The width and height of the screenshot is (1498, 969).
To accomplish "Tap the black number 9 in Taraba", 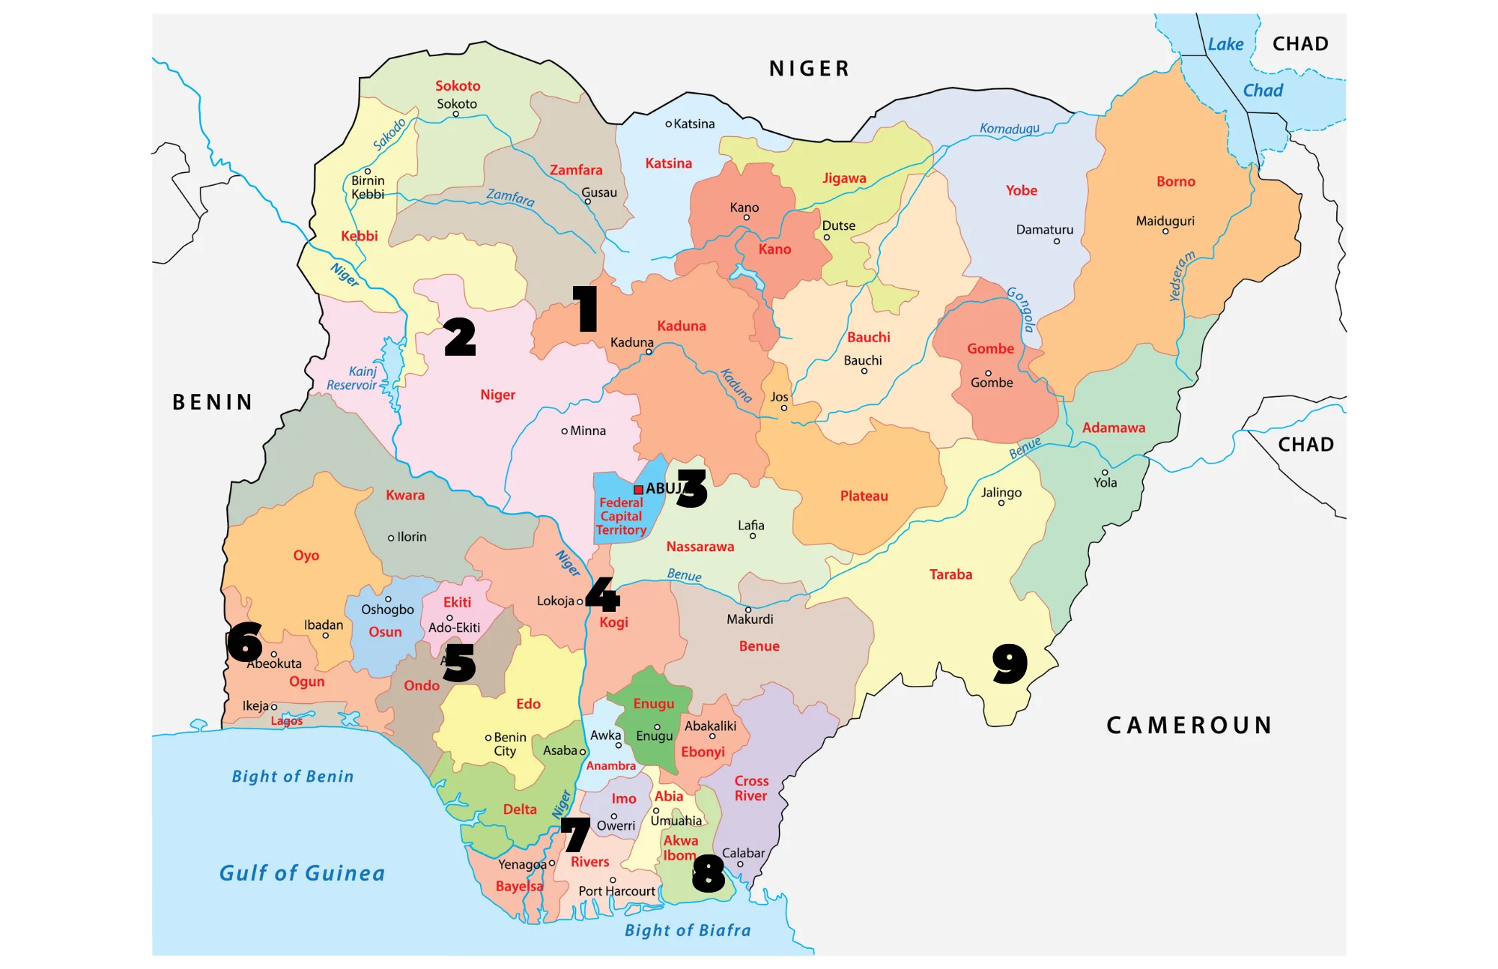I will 1010,663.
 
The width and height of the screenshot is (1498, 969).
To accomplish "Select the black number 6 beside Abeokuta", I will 244,643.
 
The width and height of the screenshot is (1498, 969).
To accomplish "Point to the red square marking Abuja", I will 638,490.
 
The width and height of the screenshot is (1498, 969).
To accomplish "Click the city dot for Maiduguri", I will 1165,231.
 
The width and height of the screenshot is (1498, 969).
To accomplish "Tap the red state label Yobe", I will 1022,190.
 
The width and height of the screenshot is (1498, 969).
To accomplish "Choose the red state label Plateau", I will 864,496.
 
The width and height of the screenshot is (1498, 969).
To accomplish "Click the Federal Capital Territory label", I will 621,516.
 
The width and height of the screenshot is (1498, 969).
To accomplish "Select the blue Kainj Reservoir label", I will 353,378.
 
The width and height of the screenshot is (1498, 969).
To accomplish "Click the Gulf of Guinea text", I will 302,873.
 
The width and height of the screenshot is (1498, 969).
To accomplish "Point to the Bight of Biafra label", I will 688,930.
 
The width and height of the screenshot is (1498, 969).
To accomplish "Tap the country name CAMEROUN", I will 1189,725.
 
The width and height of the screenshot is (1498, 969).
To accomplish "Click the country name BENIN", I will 213,402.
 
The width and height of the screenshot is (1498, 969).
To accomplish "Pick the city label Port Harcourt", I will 616,891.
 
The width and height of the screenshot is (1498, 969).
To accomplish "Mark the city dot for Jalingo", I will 1001,503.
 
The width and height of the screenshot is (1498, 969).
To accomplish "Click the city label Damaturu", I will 1044,230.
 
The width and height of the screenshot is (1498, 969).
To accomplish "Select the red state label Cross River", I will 750,789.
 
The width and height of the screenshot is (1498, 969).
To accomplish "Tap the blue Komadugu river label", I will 1009,129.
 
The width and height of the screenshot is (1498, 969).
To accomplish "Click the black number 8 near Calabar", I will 709,874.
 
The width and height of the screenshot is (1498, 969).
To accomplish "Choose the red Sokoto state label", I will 458,86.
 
